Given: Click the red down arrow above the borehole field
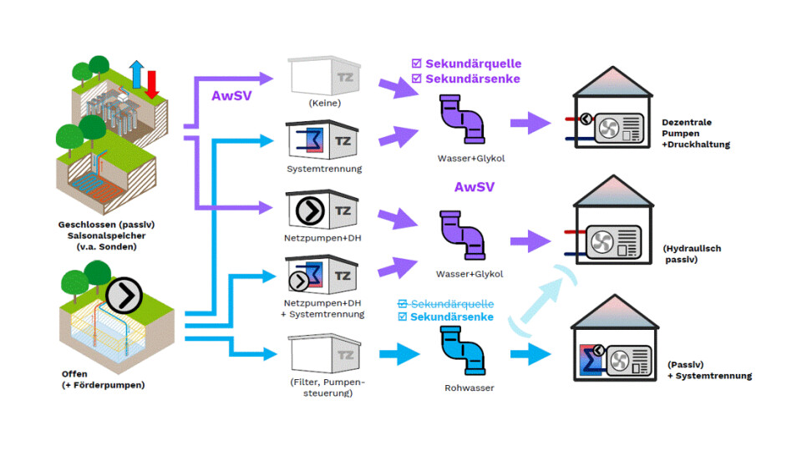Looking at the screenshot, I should [152, 84].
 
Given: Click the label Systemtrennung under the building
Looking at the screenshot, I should [322, 170].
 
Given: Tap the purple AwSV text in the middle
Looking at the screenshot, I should [474, 187].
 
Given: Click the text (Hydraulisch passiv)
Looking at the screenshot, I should [693, 254].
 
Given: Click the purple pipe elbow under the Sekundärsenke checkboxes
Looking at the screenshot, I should [462, 119].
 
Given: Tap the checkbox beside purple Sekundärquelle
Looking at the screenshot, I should [417, 63].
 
